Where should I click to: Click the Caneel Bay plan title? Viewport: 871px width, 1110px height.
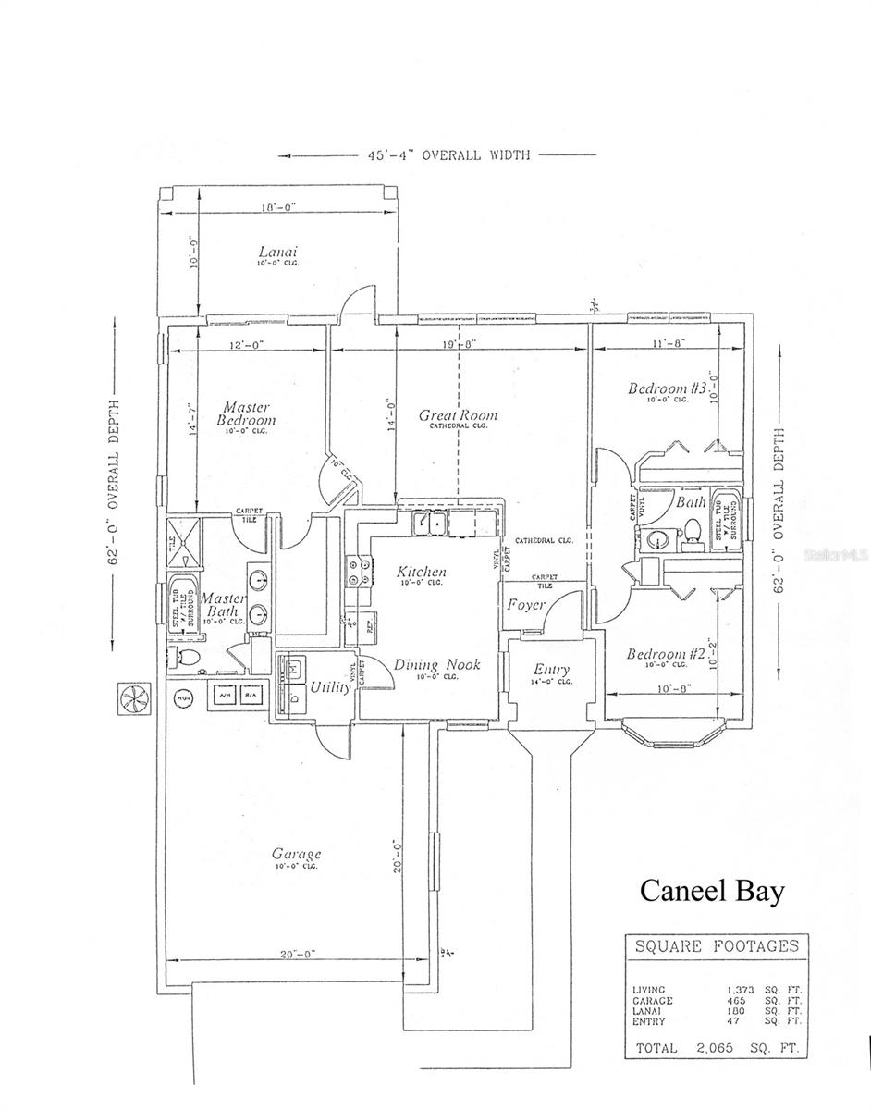point(712,891)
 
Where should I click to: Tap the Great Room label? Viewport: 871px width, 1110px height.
point(458,415)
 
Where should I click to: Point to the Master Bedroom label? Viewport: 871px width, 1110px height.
point(246,413)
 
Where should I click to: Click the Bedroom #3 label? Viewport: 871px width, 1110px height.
point(667,388)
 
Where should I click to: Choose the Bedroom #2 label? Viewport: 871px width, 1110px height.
point(666,654)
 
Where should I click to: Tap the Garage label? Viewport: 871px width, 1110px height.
point(296,854)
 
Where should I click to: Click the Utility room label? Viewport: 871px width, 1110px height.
point(329,687)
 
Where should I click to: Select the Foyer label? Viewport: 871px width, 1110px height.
point(524,605)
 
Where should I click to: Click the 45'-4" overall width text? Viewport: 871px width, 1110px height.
point(438,155)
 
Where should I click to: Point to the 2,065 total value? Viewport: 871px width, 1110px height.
point(711,1048)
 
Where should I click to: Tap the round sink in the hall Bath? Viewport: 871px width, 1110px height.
point(657,538)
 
